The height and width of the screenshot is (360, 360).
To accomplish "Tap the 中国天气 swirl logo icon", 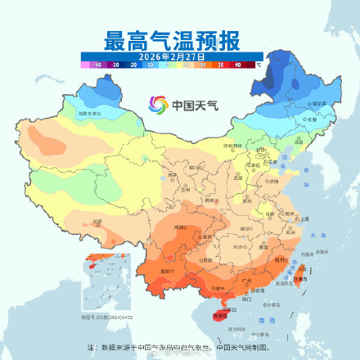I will pyautogui.click(x=157, y=105).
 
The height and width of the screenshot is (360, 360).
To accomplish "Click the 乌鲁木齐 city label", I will pyautogui.click(x=89, y=113).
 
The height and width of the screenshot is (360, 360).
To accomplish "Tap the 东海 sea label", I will pyautogui.click(x=322, y=235).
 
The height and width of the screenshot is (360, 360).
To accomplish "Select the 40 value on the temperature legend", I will pyautogui.click(x=237, y=62).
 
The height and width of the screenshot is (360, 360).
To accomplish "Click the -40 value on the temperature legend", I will pyautogui.click(x=98, y=62).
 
